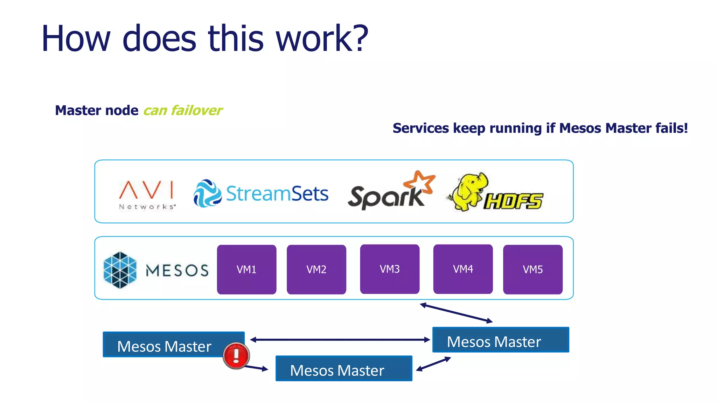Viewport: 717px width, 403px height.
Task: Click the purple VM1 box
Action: click(x=246, y=269)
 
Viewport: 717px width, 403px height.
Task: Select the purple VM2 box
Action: click(x=316, y=269)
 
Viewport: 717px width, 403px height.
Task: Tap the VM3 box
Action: click(x=390, y=269)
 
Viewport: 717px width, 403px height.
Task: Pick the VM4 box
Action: click(x=463, y=269)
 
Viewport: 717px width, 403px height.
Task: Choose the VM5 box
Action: click(x=532, y=269)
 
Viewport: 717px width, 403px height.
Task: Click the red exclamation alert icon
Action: click(x=236, y=355)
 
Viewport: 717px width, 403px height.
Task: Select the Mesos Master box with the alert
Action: click(x=165, y=345)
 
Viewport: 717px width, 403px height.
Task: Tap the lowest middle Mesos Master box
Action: click(x=344, y=369)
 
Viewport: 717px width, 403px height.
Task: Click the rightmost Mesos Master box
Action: click(x=501, y=340)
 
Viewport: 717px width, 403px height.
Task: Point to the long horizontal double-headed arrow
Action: click(x=340, y=340)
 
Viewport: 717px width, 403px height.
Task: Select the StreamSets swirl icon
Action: click(x=207, y=193)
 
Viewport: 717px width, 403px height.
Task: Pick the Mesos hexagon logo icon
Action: click(x=120, y=270)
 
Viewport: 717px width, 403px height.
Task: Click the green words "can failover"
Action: click(x=183, y=111)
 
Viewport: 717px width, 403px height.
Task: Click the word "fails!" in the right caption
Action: click(x=671, y=128)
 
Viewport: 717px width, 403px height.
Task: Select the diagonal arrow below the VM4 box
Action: click(x=456, y=312)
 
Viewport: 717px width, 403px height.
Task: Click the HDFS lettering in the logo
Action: click(x=513, y=201)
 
